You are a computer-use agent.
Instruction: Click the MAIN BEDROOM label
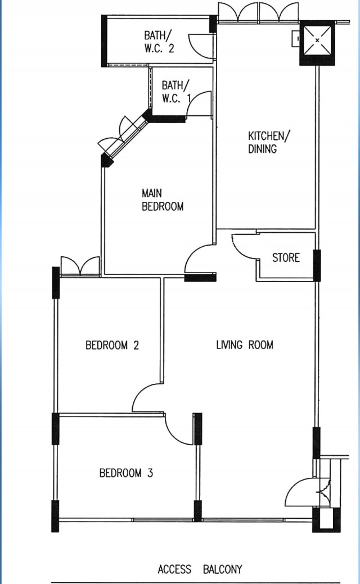[x=163, y=200]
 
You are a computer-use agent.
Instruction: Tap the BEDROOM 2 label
[x=112, y=345]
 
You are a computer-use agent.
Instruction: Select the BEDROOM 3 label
[x=126, y=473]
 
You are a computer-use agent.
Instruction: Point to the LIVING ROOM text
[x=245, y=345]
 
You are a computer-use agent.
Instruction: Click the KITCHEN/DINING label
[x=268, y=142]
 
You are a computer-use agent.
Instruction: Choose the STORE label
[x=286, y=258]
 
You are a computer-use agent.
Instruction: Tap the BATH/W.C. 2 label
[x=159, y=42]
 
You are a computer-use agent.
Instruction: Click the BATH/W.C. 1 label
[x=176, y=92]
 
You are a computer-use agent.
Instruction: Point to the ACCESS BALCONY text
[x=200, y=569]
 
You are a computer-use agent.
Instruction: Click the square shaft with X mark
[x=317, y=40]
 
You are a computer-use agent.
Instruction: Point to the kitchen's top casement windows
[x=258, y=12]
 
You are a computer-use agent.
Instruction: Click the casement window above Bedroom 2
[x=80, y=266]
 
